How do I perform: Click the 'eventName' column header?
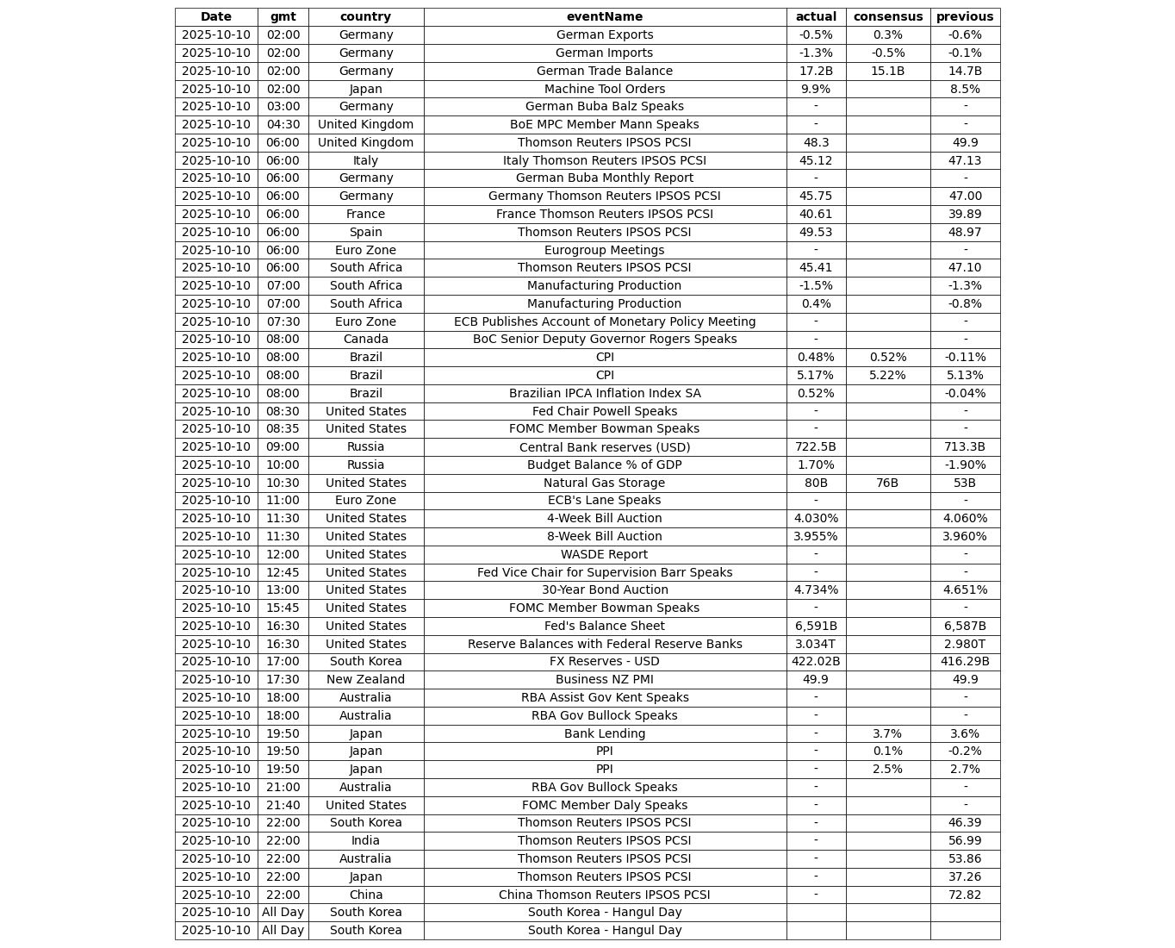point(604,16)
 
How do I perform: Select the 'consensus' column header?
point(887,16)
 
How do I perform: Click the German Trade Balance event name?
point(604,71)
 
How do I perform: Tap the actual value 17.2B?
point(815,71)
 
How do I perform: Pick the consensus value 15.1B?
point(887,71)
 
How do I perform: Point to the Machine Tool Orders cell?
point(604,89)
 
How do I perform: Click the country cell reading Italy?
point(365,160)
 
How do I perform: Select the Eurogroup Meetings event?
point(604,250)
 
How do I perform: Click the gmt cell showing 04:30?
point(283,124)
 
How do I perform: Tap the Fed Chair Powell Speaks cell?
point(604,411)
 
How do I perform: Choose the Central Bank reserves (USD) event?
point(604,446)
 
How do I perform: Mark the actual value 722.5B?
point(815,446)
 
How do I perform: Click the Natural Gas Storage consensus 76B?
point(887,483)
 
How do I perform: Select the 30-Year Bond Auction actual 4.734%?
point(815,589)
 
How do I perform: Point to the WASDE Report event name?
point(604,554)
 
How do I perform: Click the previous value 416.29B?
point(964,661)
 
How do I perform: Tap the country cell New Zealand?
point(365,679)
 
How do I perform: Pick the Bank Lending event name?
point(604,733)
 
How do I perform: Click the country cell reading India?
point(365,840)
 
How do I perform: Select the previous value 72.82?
point(964,895)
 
